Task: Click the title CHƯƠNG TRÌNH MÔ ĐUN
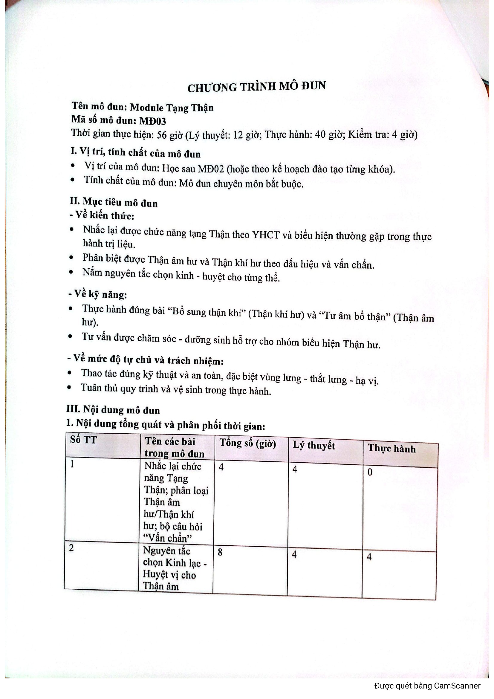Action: pos(256,87)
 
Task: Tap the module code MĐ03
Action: pos(152,121)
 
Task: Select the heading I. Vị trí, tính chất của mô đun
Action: pos(135,152)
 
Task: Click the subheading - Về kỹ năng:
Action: pos(97,294)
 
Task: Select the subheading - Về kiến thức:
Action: pos(102,215)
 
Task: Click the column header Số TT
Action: pos(83,440)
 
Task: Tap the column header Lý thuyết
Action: pos(313,445)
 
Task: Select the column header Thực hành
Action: pos(391,449)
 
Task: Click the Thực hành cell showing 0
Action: pos(370,472)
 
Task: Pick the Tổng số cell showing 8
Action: pos(220,552)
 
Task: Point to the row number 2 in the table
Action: pos(71,548)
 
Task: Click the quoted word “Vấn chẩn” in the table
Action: pos(168,538)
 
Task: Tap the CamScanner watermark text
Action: pos(427,686)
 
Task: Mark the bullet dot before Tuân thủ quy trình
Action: pos(70,387)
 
